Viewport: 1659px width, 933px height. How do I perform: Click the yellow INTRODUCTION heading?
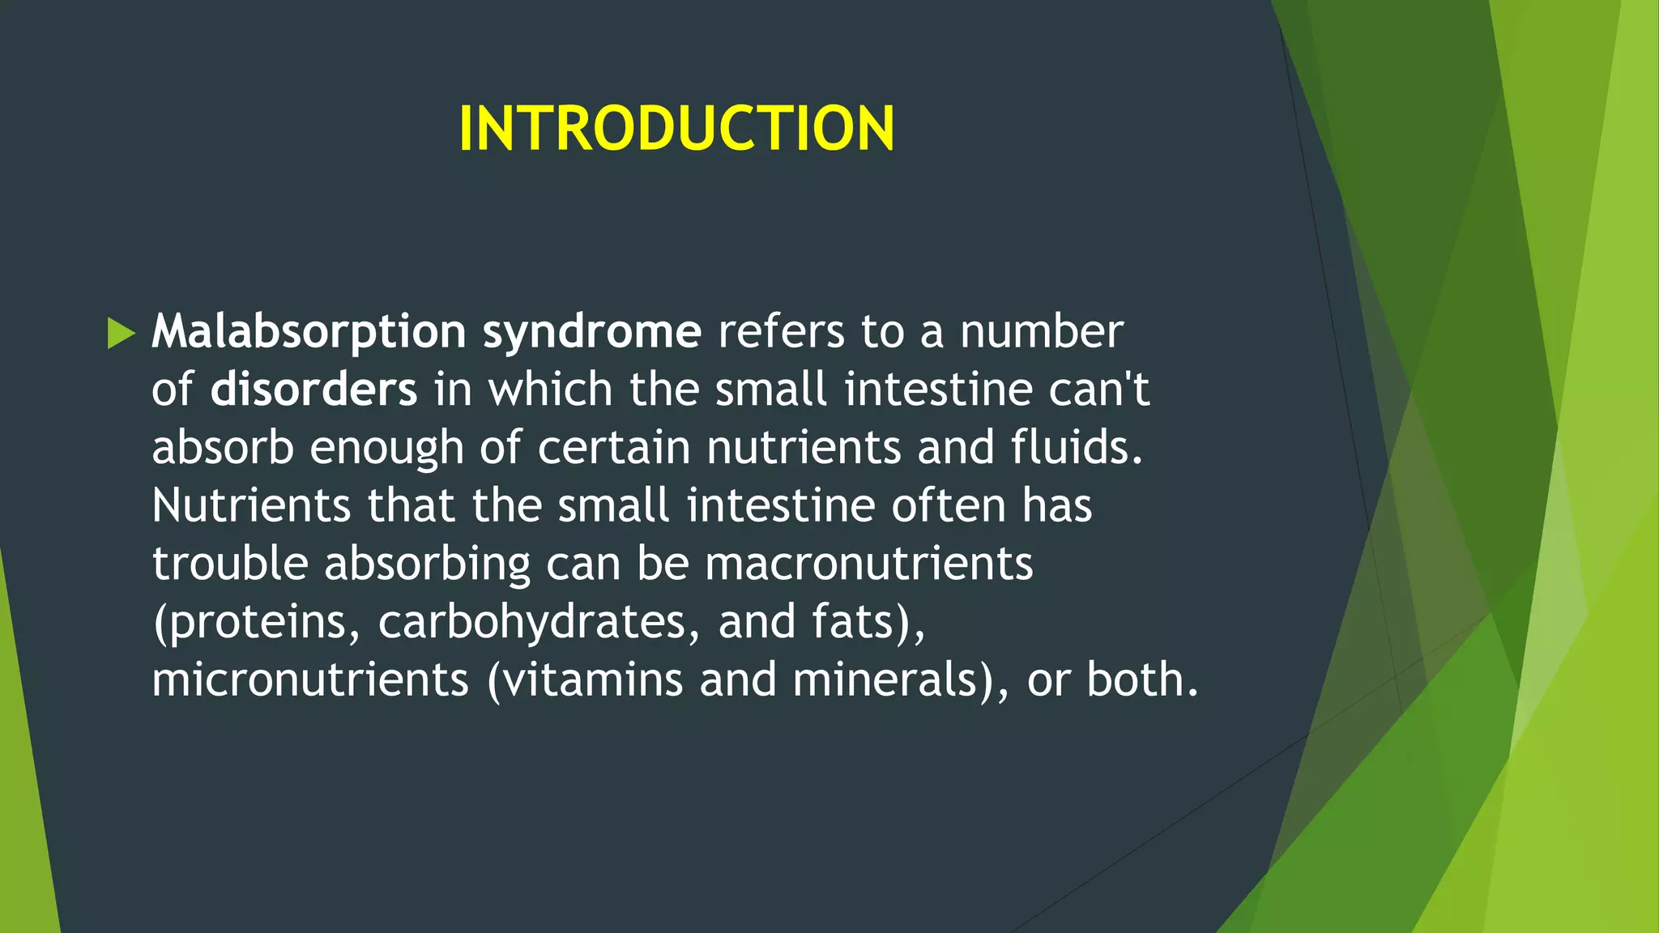click(x=676, y=129)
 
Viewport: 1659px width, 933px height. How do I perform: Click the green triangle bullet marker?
click(x=121, y=334)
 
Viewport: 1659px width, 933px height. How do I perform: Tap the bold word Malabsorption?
click(x=309, y=332)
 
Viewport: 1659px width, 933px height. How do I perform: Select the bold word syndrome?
click(x=591, y=332)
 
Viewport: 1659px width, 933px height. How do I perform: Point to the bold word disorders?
click(x=313, y=390)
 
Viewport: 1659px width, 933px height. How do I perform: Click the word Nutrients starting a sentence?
click(x=251, y=505)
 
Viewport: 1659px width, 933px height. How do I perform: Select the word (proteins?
click(x=256, y=622)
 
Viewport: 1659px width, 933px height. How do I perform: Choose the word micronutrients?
click(x=310, y=680)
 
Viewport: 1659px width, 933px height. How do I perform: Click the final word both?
click(x=1141, y=680)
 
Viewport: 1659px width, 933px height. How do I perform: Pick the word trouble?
click(x=230, y=564)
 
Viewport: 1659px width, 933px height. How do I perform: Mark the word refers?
click(x=781, y=332)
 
